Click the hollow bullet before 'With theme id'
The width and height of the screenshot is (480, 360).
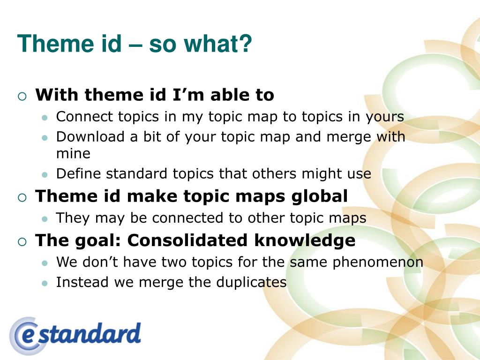click(x=22, y=97)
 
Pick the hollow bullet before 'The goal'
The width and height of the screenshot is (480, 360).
click(x=22, y=242)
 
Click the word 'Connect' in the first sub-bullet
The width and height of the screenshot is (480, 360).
click(x=84, y=117)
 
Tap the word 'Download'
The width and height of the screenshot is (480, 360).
click(x=90, y=136)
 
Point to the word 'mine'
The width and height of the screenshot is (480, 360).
click(x=73, y=153)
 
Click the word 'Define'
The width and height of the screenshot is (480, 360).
click(x=78, y=173)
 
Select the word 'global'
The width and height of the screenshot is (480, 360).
click(x=319, y=196)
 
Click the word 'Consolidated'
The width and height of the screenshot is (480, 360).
click(x=187, y=240)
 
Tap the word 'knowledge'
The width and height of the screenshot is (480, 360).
click(x=305, y=240)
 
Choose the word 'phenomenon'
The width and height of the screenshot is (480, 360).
click(x=378, y=262)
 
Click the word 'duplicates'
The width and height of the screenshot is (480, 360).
click(x=251, y=282)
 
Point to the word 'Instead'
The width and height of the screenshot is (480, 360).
click(x=82, y=282)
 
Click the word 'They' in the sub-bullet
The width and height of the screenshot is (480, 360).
click(x=73, y=218)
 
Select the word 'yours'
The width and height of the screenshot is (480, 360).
click(x=385, y=117)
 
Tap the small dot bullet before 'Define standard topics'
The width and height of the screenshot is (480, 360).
click(x=45, y=175)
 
